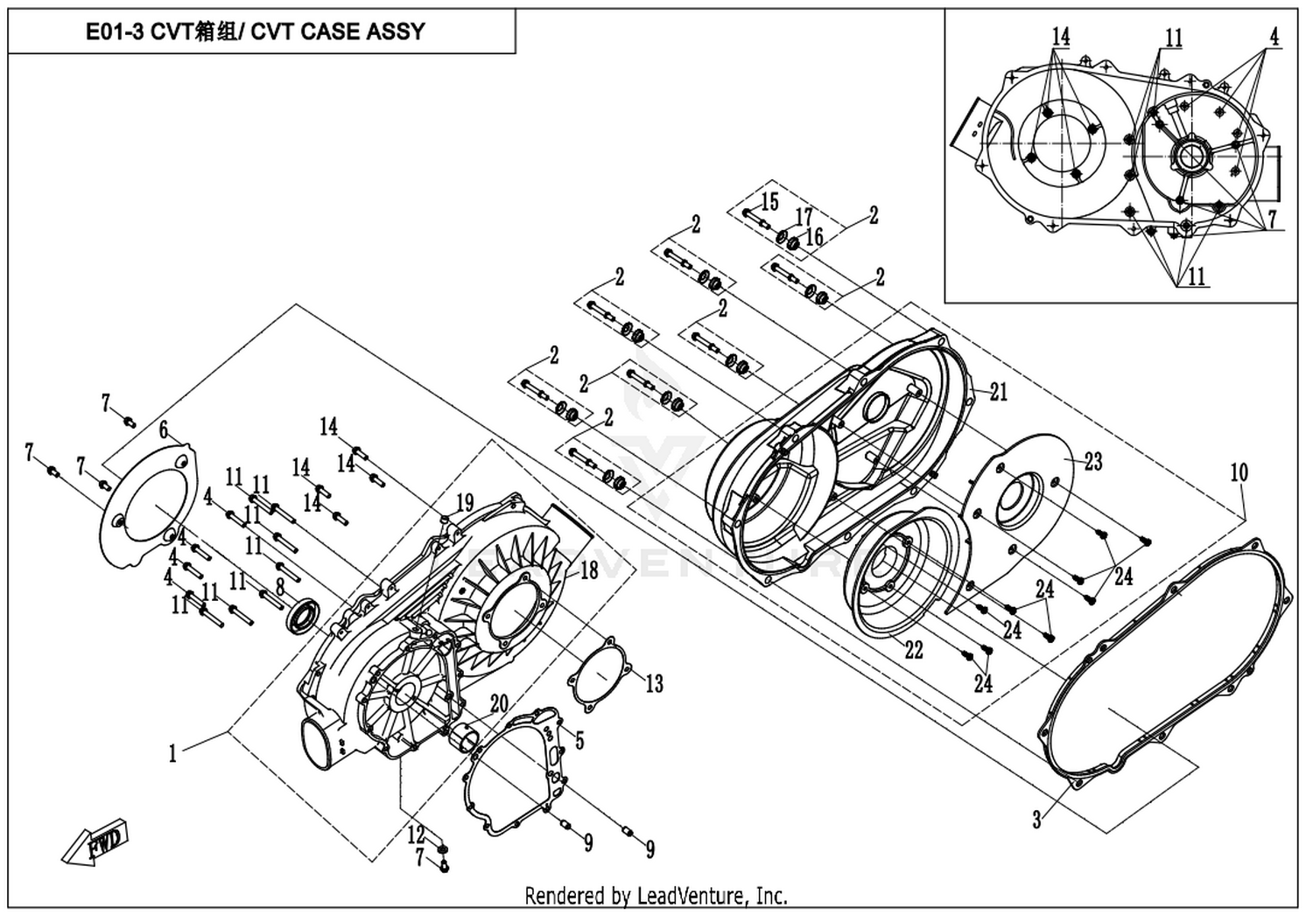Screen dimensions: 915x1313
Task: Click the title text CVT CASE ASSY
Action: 255,31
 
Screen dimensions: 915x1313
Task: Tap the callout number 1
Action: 173,752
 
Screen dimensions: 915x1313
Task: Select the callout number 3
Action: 1036,819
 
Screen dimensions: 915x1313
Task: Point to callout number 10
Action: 1239,473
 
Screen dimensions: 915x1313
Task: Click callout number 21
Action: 999,392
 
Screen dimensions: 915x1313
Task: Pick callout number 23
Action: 1093,461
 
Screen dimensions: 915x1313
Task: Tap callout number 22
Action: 914,650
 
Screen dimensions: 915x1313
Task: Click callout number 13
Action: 655,683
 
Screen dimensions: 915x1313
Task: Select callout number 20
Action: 499,704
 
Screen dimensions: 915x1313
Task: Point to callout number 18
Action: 589,570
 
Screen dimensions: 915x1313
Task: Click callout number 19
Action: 465,502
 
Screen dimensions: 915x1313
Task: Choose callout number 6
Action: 164,430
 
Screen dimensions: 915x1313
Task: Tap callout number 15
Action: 769,202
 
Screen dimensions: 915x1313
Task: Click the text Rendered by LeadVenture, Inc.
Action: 656,896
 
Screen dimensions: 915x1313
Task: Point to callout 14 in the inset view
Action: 1060,37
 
